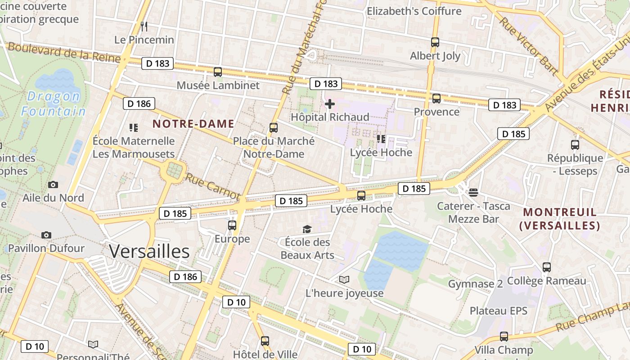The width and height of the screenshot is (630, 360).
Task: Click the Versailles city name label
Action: tap(149, 252)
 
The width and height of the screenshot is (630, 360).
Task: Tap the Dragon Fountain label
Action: tap(53, 103)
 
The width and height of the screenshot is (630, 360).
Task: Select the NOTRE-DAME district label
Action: tap(193, 124)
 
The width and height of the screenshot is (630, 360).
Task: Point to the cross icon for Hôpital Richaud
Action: tap(330, 104)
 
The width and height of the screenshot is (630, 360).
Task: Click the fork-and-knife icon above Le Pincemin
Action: tap(144, 26)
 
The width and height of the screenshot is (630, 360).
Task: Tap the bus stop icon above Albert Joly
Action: tap(435, 42)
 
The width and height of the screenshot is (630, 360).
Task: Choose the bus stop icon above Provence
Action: tap(436, 99)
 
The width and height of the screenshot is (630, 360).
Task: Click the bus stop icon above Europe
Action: tap(232, 225)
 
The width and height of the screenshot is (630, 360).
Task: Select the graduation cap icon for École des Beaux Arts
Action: tap(307, 229)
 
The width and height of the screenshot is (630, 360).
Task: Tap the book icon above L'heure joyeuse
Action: tap(344, 280)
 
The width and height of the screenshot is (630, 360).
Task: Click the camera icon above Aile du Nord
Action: tap(53, 184)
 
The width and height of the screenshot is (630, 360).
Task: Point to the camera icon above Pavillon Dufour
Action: tap(46, 235)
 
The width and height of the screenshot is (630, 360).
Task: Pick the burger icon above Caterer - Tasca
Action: tap(473, 193)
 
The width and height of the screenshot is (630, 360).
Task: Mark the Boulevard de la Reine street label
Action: tap(64, 53)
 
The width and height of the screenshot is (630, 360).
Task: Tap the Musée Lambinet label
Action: tap(218, 85)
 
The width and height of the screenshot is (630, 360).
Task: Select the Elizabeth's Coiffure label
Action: tap(414, 11)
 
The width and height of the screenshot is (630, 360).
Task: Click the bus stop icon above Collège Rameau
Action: tap(546, 267)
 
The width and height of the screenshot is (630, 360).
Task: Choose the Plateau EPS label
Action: tap(498, 311)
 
